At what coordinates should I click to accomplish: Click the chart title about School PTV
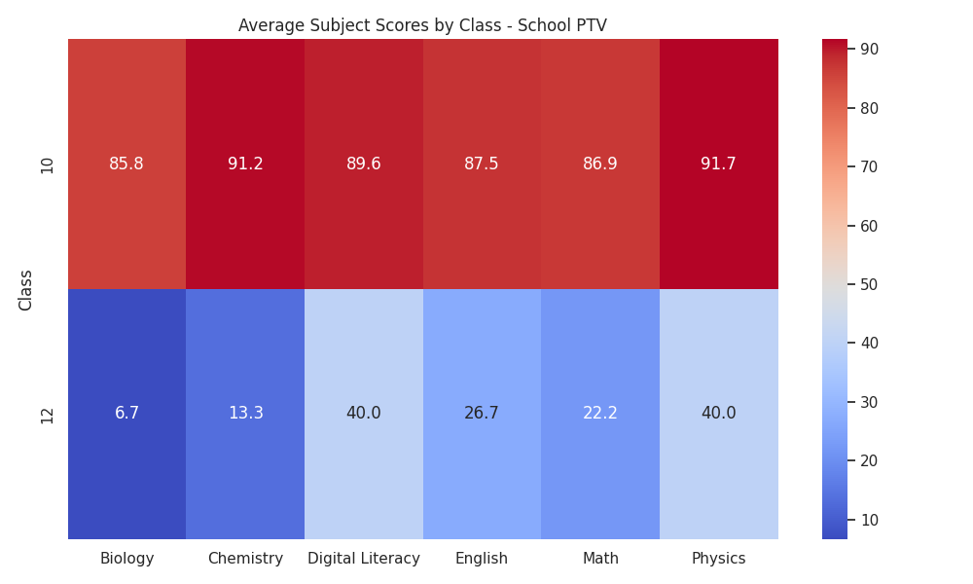pos(422,25)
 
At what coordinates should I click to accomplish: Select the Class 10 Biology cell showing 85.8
pos(126,164)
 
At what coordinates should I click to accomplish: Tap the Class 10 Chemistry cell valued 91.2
pos(245,164)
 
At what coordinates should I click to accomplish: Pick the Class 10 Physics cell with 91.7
pos(719,164)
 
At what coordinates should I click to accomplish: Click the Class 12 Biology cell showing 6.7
pos(126,414)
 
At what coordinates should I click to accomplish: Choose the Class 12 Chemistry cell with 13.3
pos(245,414)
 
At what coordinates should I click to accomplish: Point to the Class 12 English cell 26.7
pos(482,414)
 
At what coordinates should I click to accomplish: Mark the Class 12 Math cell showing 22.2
pos(600,414)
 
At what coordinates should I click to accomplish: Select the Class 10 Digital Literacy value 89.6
pos(364,164)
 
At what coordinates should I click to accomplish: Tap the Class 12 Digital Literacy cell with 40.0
pos(364,414)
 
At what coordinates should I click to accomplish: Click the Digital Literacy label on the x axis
pos(364,559)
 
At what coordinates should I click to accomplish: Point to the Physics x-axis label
pos(719,559)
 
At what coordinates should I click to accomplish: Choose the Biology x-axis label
pos(126,559)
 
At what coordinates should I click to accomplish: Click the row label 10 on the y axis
pos(47,165)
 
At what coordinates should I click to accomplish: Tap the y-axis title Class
pos(25,290)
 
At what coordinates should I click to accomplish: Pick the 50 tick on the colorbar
pos(869,285)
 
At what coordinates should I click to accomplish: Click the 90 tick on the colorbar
pos(869,49)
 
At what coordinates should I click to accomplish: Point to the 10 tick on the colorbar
pos(869,520)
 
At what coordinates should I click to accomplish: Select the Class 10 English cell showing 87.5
pos(482,164)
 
